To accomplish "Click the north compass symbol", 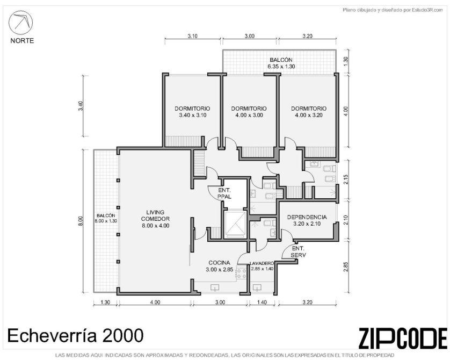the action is coord(20,23).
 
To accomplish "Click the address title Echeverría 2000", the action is coord(75,335).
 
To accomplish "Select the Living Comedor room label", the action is coord(155,219).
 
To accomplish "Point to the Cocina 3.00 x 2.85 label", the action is coord(219,266).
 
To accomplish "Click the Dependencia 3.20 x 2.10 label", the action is coord(307,220).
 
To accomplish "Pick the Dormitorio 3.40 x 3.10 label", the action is coord(192,112).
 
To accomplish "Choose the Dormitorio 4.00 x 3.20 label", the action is coord(309,112).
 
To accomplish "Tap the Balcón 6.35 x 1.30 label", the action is coord(281,63).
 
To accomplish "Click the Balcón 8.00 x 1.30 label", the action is coord(106,218).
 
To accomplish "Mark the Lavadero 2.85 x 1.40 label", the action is coord(262,266).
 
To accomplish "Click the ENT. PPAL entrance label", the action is coord(224,193).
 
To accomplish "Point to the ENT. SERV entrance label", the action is coord(298,251).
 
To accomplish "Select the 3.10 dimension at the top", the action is coord(193,36).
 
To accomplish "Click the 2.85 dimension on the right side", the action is coord(346,267).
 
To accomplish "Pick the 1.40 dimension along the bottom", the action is coord(262,302).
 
